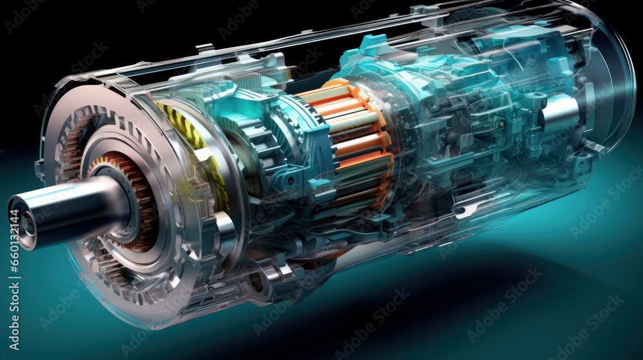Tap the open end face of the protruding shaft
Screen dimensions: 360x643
tap(23, 222)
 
